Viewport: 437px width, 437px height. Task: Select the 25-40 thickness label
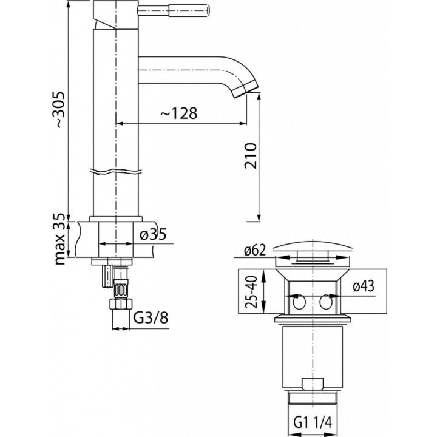coord(249,292)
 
